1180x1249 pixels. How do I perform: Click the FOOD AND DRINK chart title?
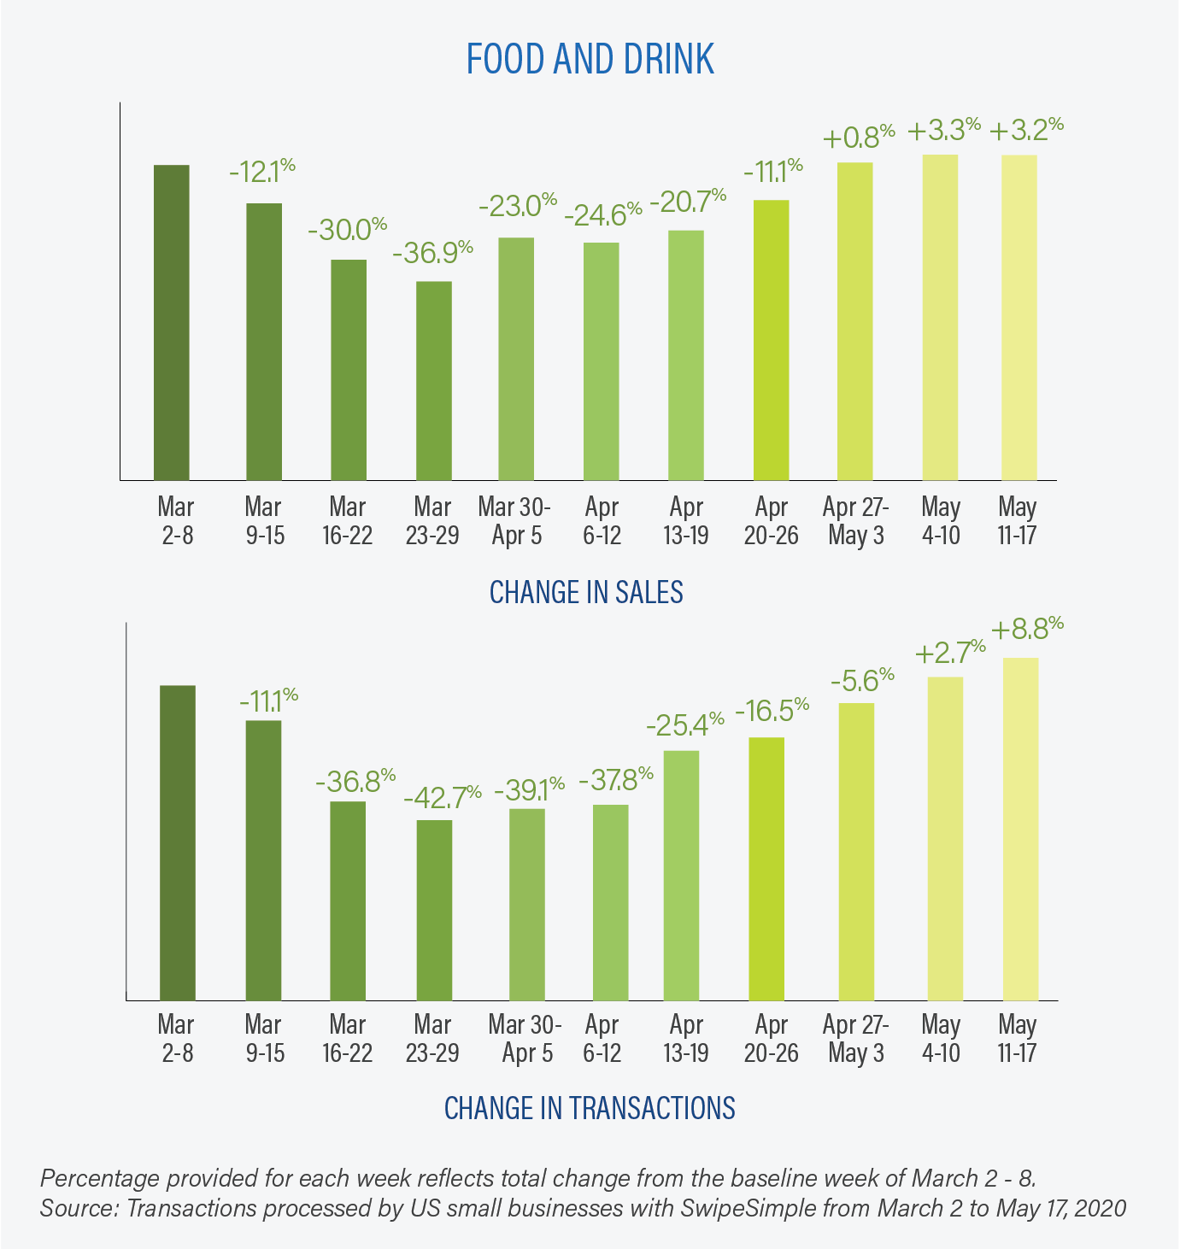590,60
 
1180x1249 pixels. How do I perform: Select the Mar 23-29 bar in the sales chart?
433,380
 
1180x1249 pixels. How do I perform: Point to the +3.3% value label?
943,131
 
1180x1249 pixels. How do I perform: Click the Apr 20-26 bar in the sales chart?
771,340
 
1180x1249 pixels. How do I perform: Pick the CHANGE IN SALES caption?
586,592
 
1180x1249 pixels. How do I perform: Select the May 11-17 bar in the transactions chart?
1020,829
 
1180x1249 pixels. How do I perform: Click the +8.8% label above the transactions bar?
1027,630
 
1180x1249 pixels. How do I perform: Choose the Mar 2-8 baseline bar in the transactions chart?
178,842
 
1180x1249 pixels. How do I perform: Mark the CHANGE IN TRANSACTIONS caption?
590,1108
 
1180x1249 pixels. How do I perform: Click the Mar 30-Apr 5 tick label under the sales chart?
514,521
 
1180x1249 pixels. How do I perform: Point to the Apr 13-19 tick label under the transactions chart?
685,1038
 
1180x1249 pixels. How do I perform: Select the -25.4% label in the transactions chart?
685,725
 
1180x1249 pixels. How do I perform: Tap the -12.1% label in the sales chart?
262,172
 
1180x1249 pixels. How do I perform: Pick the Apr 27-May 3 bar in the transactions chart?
856,851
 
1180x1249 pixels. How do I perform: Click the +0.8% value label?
859,137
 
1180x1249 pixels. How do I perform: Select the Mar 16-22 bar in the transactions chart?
348,900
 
